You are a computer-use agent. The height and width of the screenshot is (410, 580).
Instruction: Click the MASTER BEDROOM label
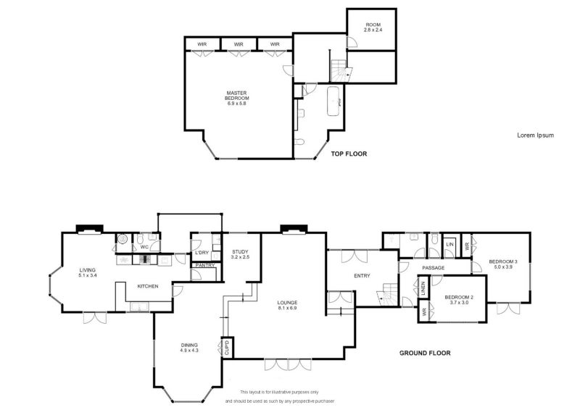pyautogui.click(x=237, y=99)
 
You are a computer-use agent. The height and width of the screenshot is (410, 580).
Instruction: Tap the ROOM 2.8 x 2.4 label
pyautogui.click(x=372, y=29)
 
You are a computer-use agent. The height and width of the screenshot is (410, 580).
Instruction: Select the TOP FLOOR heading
pyautogui.click(x=349, y=154)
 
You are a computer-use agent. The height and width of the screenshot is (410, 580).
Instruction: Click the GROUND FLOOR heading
pyautogui.click(x=425, y=353)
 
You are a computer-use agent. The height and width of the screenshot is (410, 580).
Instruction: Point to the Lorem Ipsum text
pyautogui.click(x=534, y=135)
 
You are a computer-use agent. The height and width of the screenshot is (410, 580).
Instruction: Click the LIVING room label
pyautogui.click(x=87, y=273)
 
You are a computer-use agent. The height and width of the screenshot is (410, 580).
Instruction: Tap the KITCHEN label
pyautogui.click(x=148, y=287)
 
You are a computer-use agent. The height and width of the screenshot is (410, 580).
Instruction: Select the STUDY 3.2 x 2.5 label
pyautogui.click(x=240, y=254)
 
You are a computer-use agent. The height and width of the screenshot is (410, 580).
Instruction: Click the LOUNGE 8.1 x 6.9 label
pyautogui.click(x=287, y=306)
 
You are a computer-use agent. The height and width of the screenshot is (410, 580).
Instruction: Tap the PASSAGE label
pyautogui.click(x=433, y=268)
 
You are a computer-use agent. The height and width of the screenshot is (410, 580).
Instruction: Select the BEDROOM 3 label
pyautogui.click(x=502, y=264)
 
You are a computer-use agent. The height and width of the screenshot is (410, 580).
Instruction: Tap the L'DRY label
pyautogui.click(x=202, y=252)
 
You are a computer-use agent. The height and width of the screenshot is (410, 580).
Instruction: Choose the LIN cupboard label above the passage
pyautogui.click(x=449, y=245)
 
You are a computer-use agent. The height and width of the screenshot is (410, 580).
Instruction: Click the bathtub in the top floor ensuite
pyautogui.click(x=336, y=101)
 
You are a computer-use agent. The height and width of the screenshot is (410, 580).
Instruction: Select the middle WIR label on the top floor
pyautogui.click(x=239, y=44)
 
